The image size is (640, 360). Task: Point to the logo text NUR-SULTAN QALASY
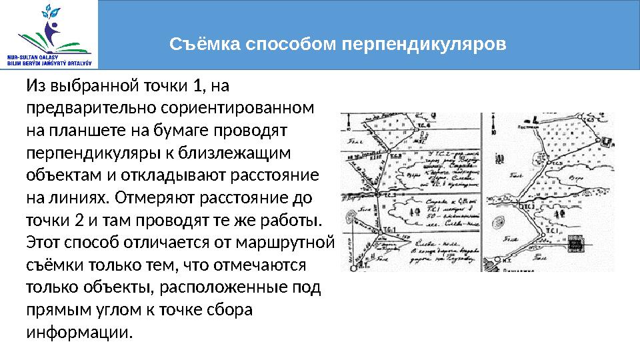(31, 57)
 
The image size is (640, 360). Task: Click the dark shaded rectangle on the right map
(575, 245)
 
